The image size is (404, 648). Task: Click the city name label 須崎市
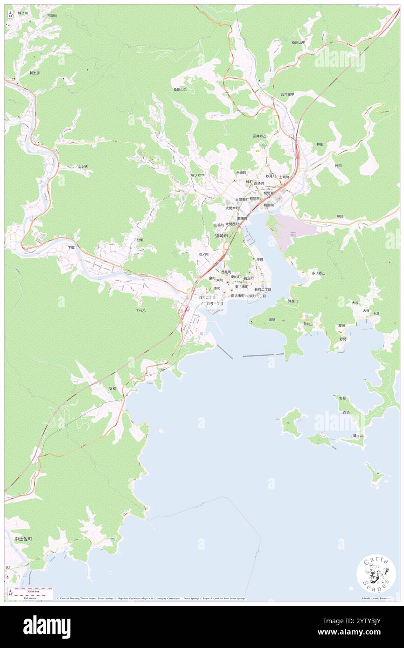coord(222,236)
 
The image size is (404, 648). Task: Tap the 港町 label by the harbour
coord(259,259)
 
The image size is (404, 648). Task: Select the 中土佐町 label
coord(23,538)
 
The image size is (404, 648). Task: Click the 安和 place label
coord(112,388)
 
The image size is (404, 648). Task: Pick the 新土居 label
coord(35,73)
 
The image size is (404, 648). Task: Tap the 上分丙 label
coord(83,166)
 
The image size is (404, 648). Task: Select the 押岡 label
coord(340,216)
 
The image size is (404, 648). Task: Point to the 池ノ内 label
coord(203,254)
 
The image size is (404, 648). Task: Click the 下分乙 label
coord(140,310)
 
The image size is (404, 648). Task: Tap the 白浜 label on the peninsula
coord(346,413)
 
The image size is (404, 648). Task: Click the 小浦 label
coord(376,313)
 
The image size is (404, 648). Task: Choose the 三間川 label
coord(51,16)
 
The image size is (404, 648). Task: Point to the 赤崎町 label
coord(241,172)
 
